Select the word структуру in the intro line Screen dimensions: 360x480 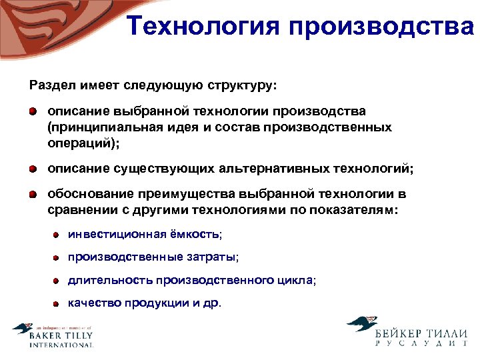pos(243,86)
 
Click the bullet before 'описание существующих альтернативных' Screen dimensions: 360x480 pos(33,169)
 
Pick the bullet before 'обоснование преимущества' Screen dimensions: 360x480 pos(33,195)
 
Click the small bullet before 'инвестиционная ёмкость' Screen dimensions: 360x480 pos(58,235)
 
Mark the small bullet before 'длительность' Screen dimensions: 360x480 pos(58,281)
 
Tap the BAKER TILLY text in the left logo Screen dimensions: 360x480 pos(61,337)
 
